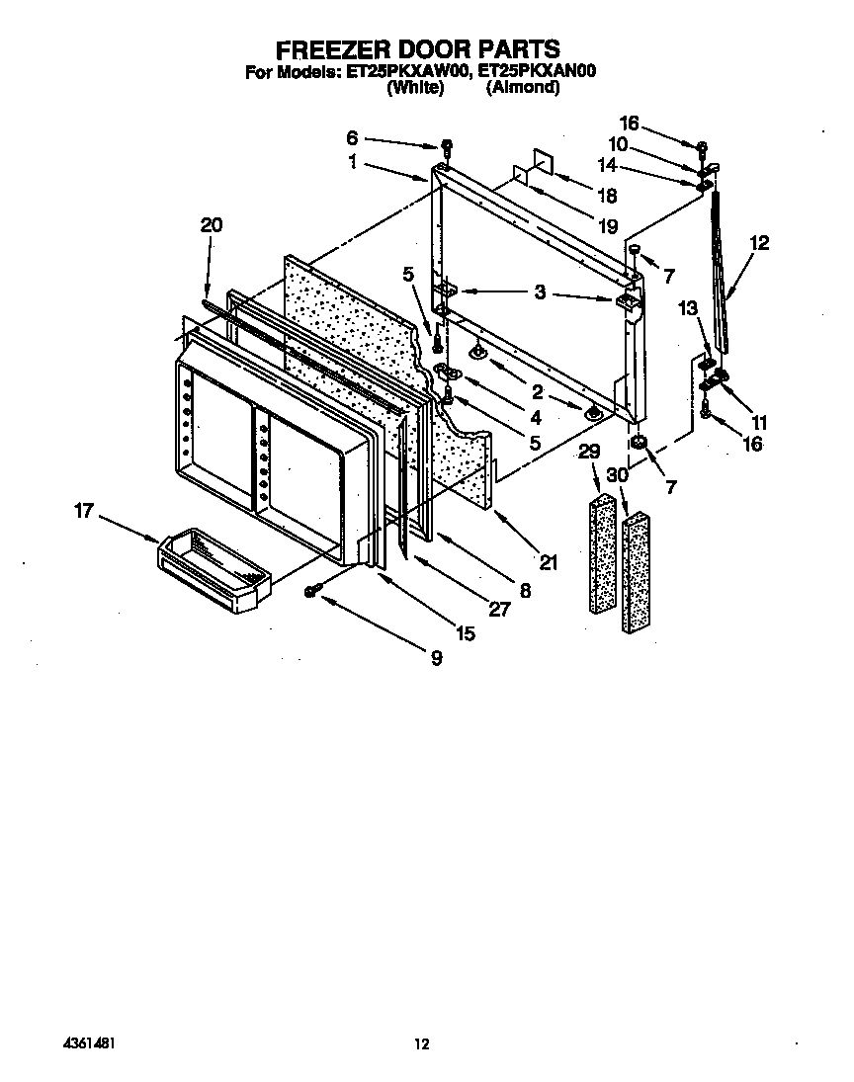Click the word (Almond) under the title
click(523, 87)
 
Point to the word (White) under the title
click(413, 87)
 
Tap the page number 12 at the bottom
click(422, 1043)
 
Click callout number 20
click(211, 225)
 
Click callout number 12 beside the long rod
click(758, 242)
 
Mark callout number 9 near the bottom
click(436, 659)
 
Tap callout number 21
click(549, 563)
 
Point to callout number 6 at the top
click(353, 137)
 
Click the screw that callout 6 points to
click(447, 147)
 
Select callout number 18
click(607, 195)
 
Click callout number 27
click(499, 609)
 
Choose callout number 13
click(689, 309)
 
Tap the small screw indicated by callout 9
click(312, 590)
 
